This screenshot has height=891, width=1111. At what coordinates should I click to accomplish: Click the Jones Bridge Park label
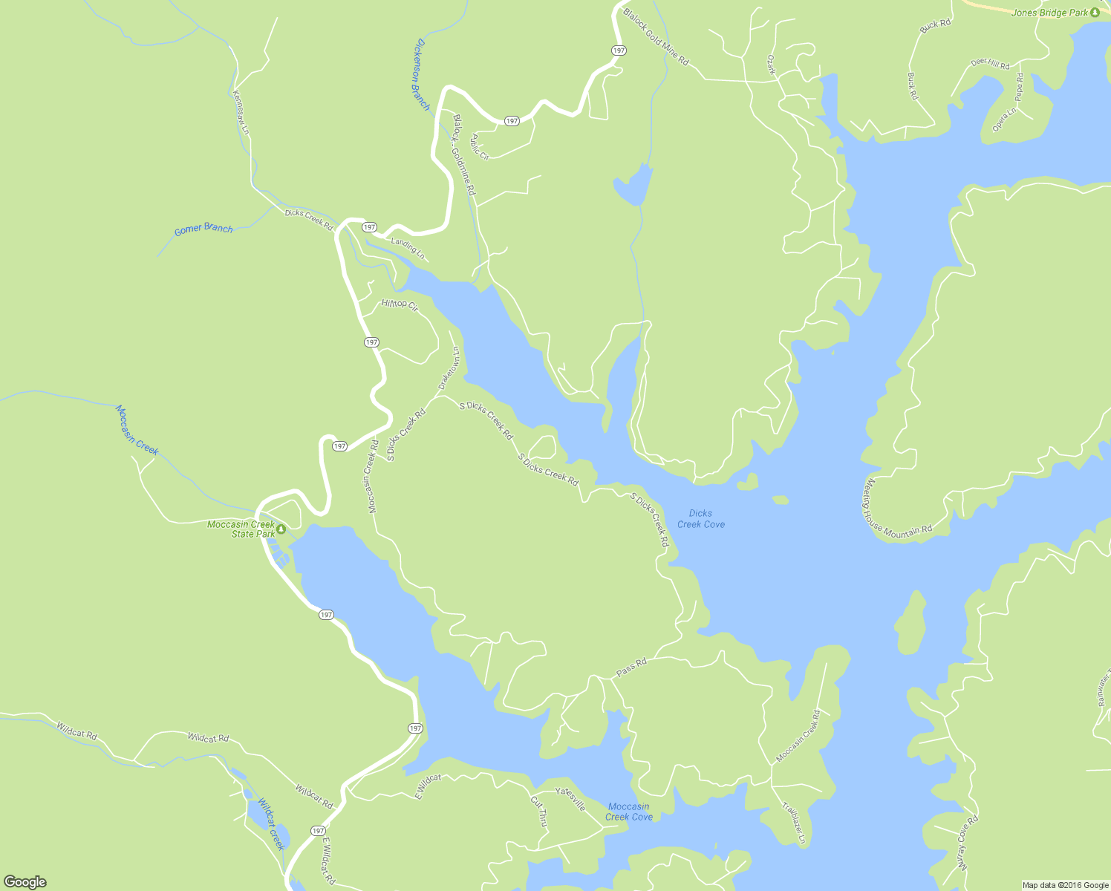tap(1049, 13)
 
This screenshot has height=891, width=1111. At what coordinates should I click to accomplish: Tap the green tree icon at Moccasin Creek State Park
tap(281, 529)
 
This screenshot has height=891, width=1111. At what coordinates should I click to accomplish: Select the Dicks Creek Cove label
tap(700, 518)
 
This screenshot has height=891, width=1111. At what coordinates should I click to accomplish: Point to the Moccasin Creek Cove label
tap(628, 812)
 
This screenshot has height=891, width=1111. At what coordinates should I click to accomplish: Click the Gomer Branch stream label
tap(203, 229)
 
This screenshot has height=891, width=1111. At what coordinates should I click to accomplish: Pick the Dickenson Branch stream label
tap(421, 74)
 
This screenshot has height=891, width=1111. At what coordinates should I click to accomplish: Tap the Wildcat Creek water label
tap(271, 823)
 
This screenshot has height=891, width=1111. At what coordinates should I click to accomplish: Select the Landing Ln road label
tap(408, 249)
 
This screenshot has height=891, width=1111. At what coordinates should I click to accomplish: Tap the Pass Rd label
tap(631, 667)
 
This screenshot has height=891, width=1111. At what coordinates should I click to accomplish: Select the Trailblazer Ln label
tap(793, 823)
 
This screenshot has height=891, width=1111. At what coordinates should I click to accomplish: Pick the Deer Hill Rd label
tap(990, 64)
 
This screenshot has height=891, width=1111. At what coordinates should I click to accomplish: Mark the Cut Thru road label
tap(539, 811)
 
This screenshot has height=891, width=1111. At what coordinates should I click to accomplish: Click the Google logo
tap(25, 882)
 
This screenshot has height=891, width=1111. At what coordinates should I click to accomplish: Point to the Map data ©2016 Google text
tap(1065, 885)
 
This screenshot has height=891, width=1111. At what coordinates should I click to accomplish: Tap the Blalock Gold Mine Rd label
tap(656, 36)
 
